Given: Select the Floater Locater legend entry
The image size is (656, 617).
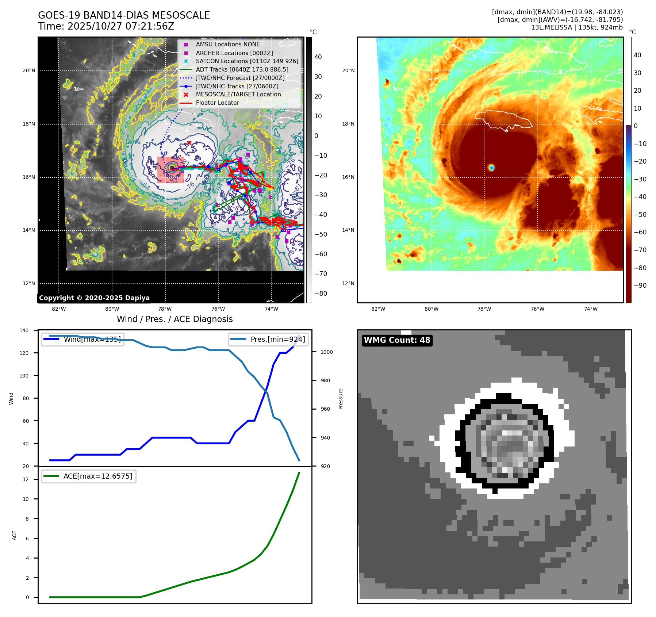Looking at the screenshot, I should pos(217,103).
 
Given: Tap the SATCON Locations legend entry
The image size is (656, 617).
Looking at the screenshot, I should pos(247,61).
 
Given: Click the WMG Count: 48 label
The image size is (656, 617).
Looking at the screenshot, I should pos(397,340).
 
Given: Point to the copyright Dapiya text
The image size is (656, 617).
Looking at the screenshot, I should pos(94,298).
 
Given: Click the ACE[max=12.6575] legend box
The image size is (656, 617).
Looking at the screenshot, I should pos(89,476).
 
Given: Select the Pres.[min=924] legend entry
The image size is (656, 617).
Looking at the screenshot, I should pos(268,339).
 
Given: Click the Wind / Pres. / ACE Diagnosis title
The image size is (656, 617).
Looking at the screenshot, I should pos(174,319).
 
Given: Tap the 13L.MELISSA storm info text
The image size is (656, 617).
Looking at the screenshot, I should pos(576,27).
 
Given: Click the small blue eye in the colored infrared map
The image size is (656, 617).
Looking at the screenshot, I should pos(491,168).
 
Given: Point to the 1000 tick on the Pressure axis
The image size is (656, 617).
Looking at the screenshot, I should pos(326,352).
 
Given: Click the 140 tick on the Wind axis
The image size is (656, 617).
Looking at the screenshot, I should pos(24,330).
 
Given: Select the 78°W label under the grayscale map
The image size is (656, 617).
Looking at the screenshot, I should pos(165,309).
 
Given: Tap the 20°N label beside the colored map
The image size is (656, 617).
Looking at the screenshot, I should pos(348,70).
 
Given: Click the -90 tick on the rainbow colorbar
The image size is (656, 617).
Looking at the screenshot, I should pos(640,285).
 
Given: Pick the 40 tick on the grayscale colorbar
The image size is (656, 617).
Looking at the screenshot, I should pos(318,57).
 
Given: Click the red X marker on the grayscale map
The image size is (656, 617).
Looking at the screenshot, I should pos(189,143).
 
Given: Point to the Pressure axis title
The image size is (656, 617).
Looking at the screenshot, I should pos(341,399).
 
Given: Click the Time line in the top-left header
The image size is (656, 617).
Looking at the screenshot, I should pos(106,26).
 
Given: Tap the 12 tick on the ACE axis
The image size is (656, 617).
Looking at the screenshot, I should pos(26,479).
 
